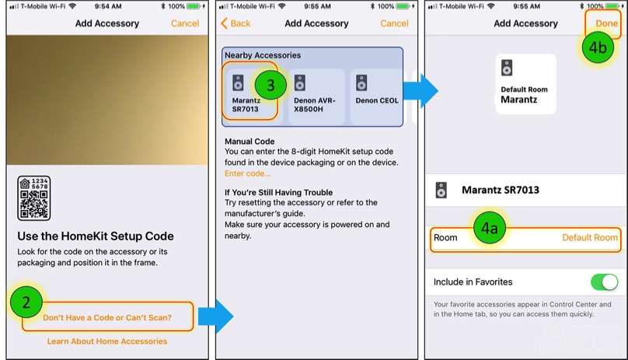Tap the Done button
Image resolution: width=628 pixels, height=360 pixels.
pos(606,23)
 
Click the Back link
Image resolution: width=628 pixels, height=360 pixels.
pos(235,23)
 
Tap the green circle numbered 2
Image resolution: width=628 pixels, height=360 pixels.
pos(26,302)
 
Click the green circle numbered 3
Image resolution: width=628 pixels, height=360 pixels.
pos(270,85)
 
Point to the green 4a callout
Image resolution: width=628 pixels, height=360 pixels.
pos(490,228)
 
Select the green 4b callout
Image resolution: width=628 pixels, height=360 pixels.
pos(598,47)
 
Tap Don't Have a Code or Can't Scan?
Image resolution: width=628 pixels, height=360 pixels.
pos(107,317)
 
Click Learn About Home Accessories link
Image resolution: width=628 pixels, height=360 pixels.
pos(107,341)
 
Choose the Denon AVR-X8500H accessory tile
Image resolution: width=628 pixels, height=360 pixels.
pos(316,96)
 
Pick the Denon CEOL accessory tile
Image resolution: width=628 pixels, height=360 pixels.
pos(376,96)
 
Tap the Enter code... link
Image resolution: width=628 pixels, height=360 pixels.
pos(247,173)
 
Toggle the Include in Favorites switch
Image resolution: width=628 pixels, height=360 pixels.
pos(605,281)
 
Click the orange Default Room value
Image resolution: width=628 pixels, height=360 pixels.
pos(590,238)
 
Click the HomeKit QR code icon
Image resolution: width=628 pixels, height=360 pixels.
pos(34,198)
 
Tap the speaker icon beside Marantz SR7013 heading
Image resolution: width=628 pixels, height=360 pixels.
pos(441,190)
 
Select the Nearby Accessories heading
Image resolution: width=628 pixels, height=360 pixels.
pos(263,55)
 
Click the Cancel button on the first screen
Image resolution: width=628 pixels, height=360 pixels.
pos(185,23)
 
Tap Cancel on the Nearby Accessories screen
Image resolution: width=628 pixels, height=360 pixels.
pos(395,23)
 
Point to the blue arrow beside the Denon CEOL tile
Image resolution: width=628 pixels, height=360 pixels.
pos(420,91)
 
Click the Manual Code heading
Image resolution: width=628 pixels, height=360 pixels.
pos(249,142)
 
